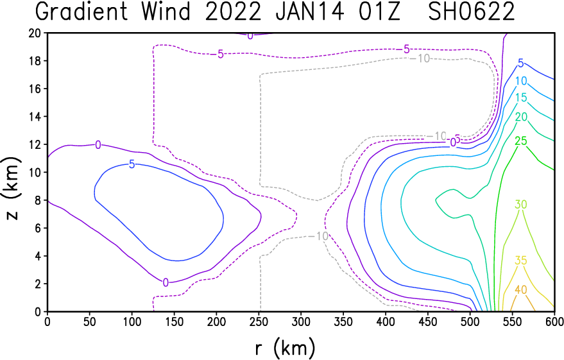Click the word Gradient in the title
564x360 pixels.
pyautogui.click(x=81, y=12)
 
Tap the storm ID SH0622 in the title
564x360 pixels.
pyautogui.click(x=472, y=11)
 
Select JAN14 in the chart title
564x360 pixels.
pyautogui.click(x=310, y=11)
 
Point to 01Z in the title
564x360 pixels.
pyautogui.click(x=379, y=11)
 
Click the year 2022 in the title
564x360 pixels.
pyautogui.click(x=233, y=11)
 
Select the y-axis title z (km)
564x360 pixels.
pyautogui.click(x=12, y=188)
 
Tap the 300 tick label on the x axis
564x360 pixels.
pyautogui.click(x=301, y=321)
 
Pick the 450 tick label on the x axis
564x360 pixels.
pyautogui.click(x=428, y=321)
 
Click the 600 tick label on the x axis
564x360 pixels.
pyautogui.click(x=554, y=321)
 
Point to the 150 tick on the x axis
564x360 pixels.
pyautogui.click(x=174, y=321)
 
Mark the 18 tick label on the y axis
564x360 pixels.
pyautogui.click(x=35, y=61)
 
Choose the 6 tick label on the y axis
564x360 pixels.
pyautogui.click(x=38, y=228)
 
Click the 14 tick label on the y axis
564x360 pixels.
pyautogui.click(x=35, y=117)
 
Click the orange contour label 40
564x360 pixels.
pyautogui.click(x=521, y=289)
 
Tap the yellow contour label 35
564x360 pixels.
pyautogui.click(x=521, y=261)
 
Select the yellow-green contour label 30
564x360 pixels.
pyautogui.click(x=521, y=205)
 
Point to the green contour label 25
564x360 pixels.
pyautogui.click(x=521, y=141)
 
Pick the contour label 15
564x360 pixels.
pyautogui.click(x=521, y=98)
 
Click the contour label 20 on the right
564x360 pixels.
pyautogui.click(x=521, y=117)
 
